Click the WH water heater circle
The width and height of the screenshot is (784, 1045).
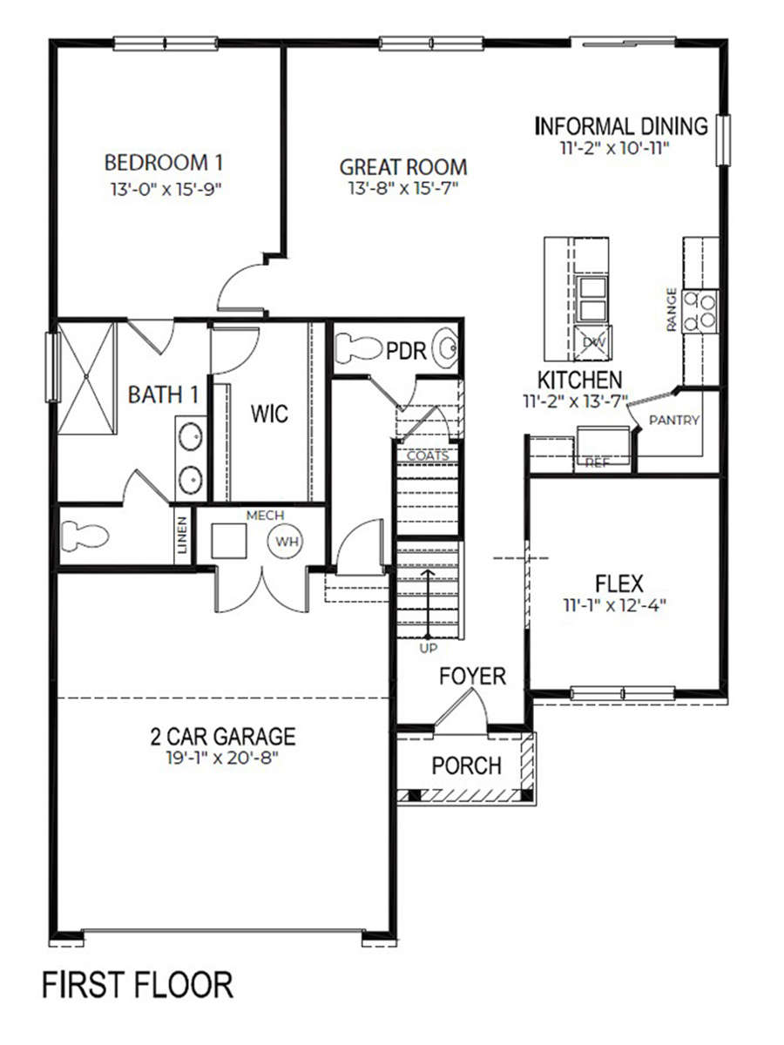287,542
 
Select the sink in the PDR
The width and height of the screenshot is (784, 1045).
445,349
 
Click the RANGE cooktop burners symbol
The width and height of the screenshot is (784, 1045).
700,310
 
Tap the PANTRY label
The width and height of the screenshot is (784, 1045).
674,420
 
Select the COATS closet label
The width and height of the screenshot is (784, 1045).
428,455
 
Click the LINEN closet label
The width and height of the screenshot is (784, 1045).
183,535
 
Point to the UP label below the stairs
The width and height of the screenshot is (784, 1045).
428,648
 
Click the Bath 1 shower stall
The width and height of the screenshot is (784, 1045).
86,378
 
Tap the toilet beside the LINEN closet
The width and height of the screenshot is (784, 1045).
85,535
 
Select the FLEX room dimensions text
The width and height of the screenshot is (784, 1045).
614,605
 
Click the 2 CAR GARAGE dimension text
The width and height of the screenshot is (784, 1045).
222,757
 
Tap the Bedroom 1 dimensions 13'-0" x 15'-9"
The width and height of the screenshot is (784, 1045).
166,190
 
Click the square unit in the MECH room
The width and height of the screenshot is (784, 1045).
229,541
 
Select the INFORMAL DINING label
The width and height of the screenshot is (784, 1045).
622,126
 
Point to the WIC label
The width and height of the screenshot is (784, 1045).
270,414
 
